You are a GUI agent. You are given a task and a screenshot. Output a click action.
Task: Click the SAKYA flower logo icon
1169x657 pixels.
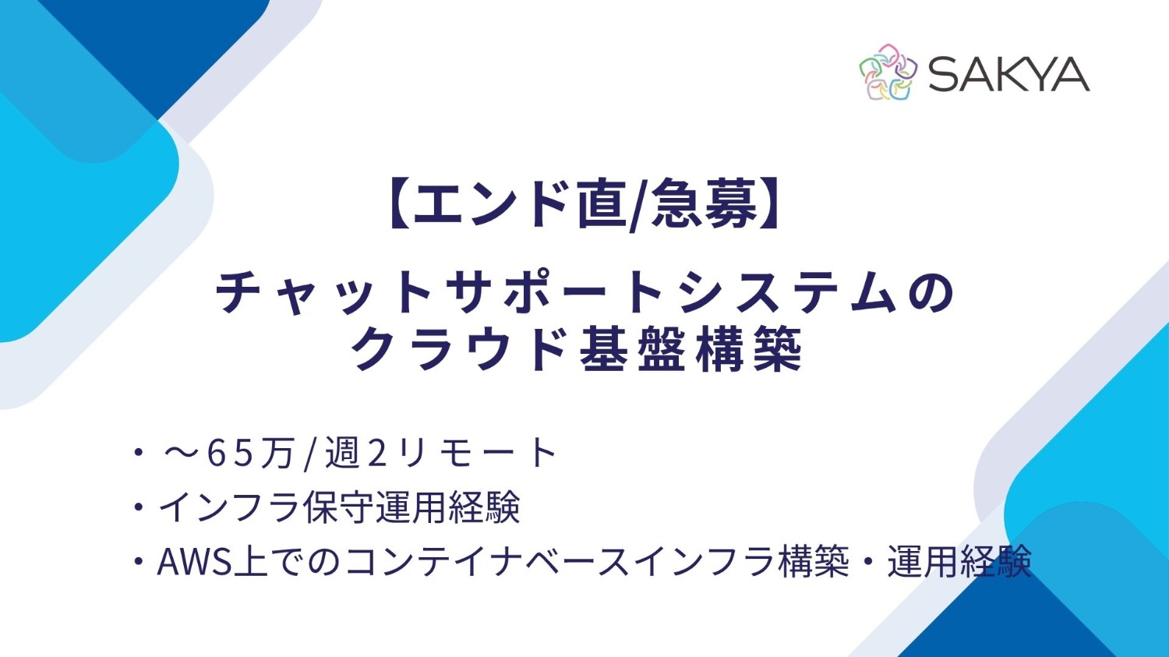pos(888,72)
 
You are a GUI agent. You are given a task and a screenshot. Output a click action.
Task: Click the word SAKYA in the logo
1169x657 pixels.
pos(1008,75)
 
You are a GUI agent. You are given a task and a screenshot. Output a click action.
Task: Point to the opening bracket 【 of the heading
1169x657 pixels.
pos(397,204)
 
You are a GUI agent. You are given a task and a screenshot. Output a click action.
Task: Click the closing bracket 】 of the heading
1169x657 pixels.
pos(770,204)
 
